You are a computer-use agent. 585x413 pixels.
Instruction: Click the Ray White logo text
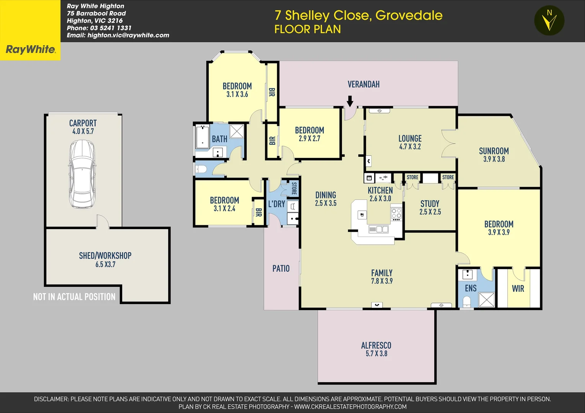(x=31, y=49)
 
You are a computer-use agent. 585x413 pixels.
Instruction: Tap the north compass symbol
(x=549, y=20)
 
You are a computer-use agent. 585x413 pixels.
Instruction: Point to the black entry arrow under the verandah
(x=350, y=101)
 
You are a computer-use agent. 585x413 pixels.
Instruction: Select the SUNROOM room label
(x=494, y=151)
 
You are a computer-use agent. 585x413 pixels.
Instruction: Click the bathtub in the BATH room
(x=202, y=137)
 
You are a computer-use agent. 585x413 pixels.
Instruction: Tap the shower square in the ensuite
(x=487, y=299)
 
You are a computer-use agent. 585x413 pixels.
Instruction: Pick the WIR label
(x=518, y=289)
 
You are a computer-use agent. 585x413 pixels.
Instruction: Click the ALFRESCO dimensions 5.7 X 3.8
(x=376, y=354)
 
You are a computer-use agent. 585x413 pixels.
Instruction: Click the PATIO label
(x=281, y=268)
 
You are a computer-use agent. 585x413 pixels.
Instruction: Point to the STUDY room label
(x=430, y=204)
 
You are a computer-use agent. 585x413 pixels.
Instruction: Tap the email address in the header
(x=118, y=35)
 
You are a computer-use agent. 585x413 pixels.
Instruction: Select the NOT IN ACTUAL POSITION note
(x=74, y=297)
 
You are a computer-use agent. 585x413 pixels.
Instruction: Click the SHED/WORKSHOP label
(x=105, y=255)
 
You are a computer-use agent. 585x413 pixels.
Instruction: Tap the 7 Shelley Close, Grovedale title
(x=358, y=15)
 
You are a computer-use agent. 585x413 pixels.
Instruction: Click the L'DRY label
(x=276, y=204)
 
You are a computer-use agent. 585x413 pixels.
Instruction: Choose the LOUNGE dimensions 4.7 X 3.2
(x=410, y=147)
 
